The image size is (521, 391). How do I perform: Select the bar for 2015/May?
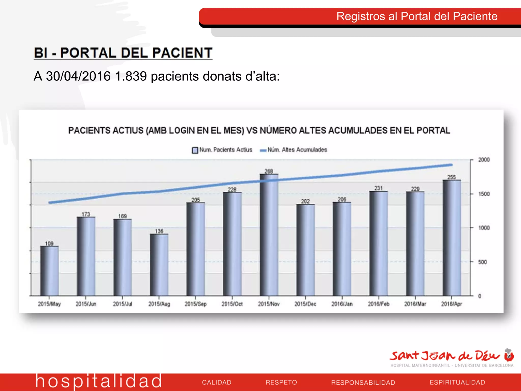pyautogui.click(x=49, y=271)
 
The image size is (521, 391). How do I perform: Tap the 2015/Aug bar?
pyautogui.click(x=159, y=265)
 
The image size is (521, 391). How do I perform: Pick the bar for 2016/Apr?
pyautogui.click(x=452, y=238)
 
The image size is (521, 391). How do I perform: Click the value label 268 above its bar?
pyautogui.click(x=269, y=171)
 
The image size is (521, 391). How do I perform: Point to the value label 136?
pyautogui.click(x=159, y=231)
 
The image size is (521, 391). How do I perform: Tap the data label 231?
pyautogui.click(x=379, y=188)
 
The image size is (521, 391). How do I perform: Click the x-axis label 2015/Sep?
pyautogui.click(x=196, y=304)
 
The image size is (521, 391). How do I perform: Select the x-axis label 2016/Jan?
pyautogui.click(x=342, y=304)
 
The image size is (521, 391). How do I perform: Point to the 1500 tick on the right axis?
pyautogui.click(x=484, y=194)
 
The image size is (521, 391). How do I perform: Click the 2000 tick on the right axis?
pyautogui.click(x=484, y=160)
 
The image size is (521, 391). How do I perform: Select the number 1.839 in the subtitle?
pyautogui.click(x=131, y=76)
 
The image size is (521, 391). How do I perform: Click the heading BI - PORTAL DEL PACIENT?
pyautogui.click(x=123, y=53)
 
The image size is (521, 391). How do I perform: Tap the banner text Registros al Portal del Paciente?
pyautogui.click(x=417, y=16)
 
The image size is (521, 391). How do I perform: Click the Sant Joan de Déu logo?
pyautogui.click(x=452, y=358)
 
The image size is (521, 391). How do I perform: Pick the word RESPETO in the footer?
pyautogui.click(x=281, y=382)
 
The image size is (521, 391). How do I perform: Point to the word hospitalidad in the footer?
pyautogui.click(x=98, y=381)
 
